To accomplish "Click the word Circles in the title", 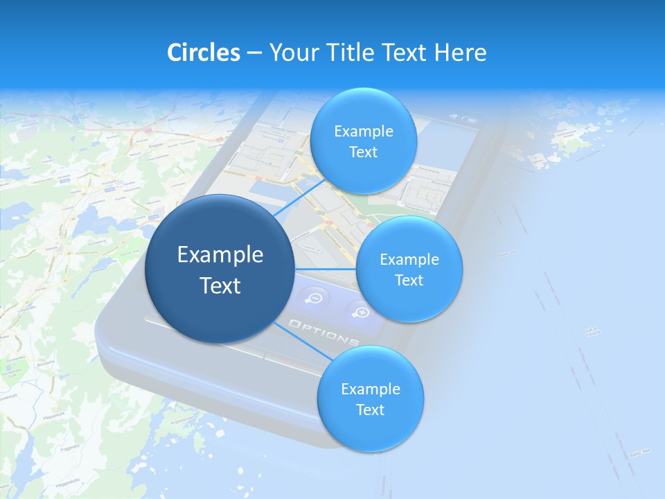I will [204, 53].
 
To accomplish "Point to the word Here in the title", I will [461, 53].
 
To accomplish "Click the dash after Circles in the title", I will [254, 53].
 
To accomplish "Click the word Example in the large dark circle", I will [220, 255].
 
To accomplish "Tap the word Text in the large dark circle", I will [220, 286].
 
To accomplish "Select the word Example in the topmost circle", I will [364, 132].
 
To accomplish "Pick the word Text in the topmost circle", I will [364, 152].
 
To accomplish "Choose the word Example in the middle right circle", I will [409, 260].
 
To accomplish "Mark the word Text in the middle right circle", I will [409, 281].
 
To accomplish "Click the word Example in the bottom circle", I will [371, 389].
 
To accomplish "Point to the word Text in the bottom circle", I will [371, 410].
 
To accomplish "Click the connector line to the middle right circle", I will [326, 269].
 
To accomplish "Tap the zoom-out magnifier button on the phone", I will [315, 297].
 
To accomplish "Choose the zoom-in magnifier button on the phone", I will [361, 312].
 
